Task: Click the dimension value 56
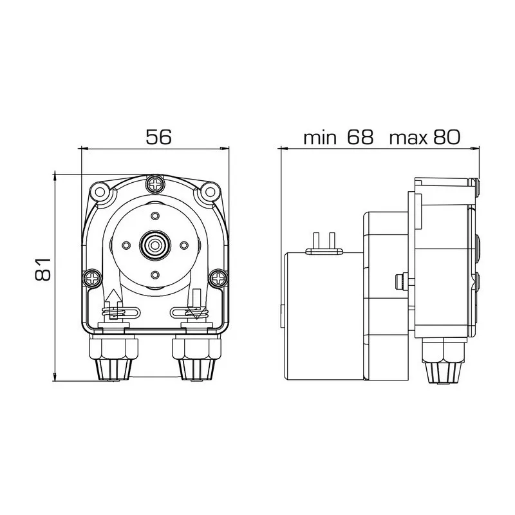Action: [158, 137]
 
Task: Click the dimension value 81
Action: [43, 269]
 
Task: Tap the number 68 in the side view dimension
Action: [360, 137]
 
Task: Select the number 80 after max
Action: [447, 137]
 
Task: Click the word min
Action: [320, 138]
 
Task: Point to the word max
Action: [408, 139]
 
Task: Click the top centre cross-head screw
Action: [155, 184]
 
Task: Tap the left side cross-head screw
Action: [91, 279]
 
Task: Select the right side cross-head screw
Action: [218, 279]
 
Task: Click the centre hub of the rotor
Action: [155, 245]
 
